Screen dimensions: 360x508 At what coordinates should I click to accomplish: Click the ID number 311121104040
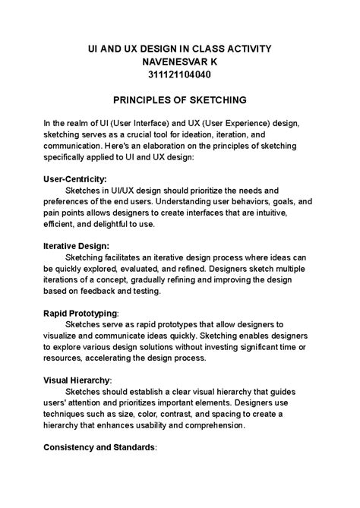[180, 76]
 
